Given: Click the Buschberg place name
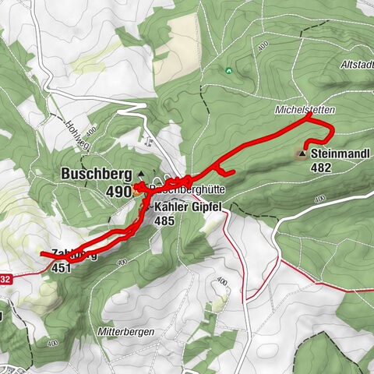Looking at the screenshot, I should click(97, 175).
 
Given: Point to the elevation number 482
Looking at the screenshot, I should click(320, 167).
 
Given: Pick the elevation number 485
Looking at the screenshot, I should click(166, 221).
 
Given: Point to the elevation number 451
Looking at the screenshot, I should click(63, 267).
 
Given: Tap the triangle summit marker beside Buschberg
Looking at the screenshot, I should click(141, 174).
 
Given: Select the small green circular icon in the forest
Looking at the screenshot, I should click(228, 70).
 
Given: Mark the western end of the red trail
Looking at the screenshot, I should click(41, 254).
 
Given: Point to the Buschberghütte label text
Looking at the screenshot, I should click(183, 190).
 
